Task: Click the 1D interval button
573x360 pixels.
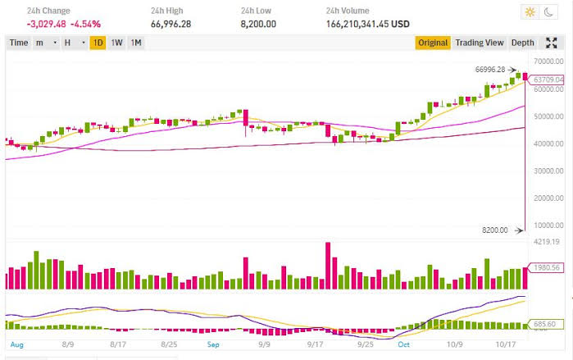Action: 98,43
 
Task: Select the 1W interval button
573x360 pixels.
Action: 117,43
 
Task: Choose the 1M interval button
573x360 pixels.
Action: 136,43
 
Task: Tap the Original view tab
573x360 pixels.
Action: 433,43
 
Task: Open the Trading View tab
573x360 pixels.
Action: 480,43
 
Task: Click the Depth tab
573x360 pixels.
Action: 522,43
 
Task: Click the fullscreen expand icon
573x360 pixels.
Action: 552,43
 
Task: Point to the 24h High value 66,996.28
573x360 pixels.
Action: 171,24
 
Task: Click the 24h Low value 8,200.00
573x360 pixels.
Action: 258,24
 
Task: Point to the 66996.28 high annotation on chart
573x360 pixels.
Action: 491,70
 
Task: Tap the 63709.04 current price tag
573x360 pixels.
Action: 548,80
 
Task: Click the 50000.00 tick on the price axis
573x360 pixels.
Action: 547,116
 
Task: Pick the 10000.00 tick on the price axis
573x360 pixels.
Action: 547,225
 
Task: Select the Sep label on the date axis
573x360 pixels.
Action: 213,346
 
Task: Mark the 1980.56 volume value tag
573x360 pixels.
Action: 545,267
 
